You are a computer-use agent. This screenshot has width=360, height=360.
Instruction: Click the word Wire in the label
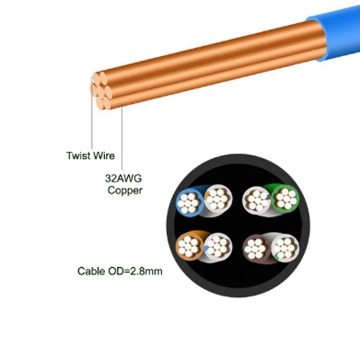[104, 156]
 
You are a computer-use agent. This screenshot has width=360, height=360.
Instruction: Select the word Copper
[125, 190]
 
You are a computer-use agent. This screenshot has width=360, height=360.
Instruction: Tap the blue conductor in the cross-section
[189, 201]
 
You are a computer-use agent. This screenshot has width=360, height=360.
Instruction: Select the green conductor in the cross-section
[285, 198]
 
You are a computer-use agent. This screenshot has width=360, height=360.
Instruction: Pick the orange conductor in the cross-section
[189, 246]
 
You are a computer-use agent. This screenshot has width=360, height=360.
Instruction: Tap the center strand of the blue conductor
[189, 201]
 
